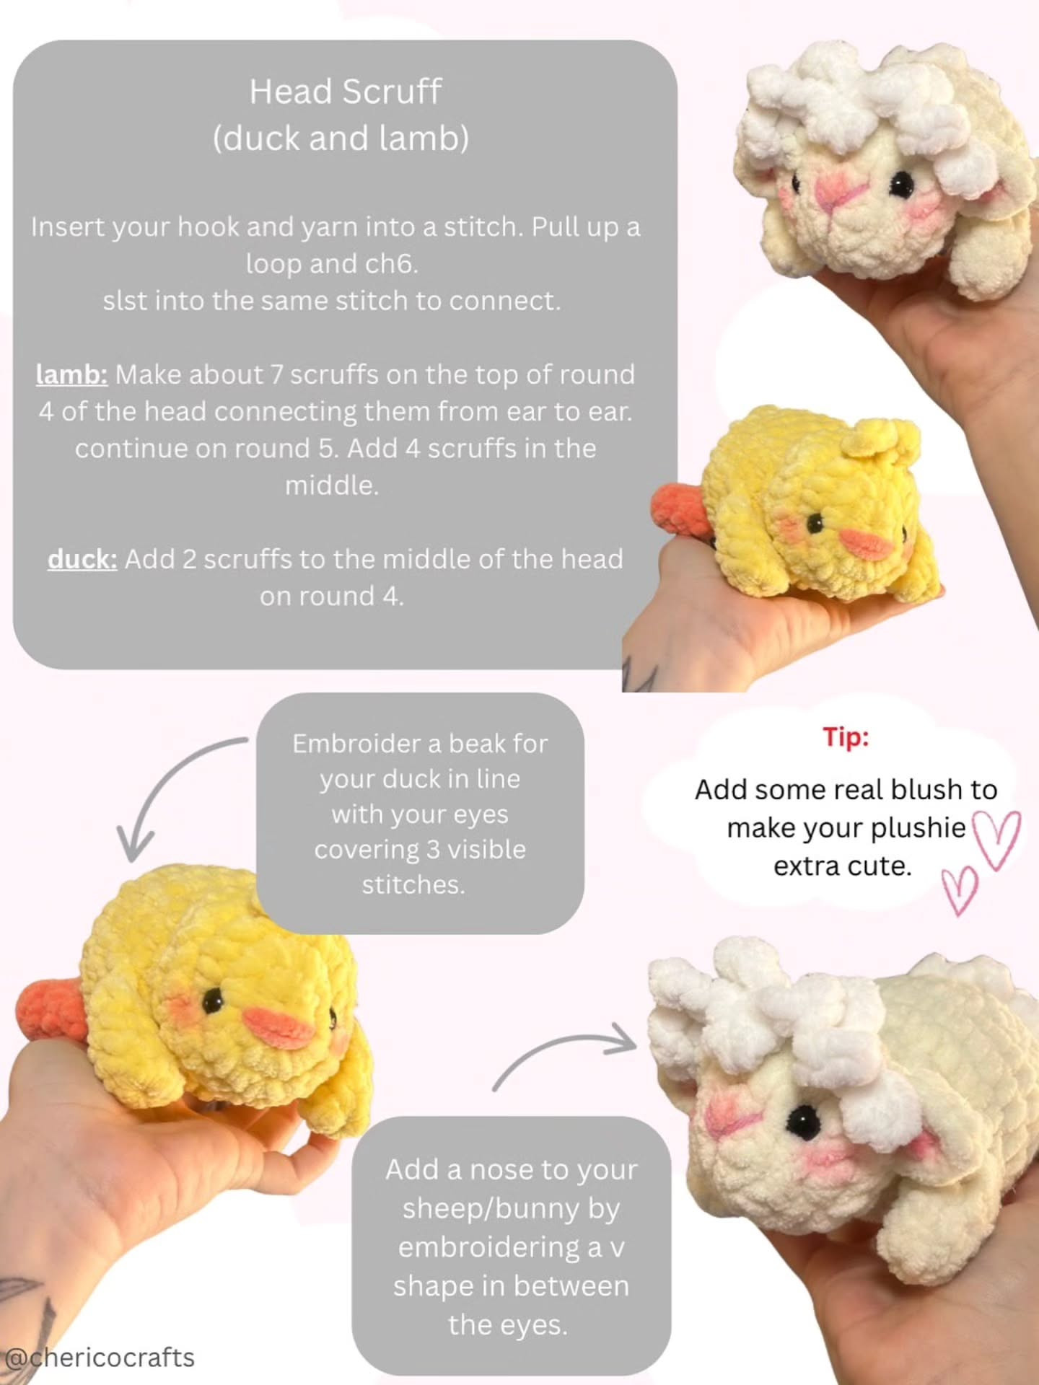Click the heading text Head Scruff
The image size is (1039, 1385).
click(x=345, y=92)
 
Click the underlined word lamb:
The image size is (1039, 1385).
click(x=71, y=374)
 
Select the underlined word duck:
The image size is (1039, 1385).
click(x=82, y=559)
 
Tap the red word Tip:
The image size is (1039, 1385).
click(x=846, y=737)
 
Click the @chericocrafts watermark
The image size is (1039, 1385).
click(x=99, y=1358)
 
